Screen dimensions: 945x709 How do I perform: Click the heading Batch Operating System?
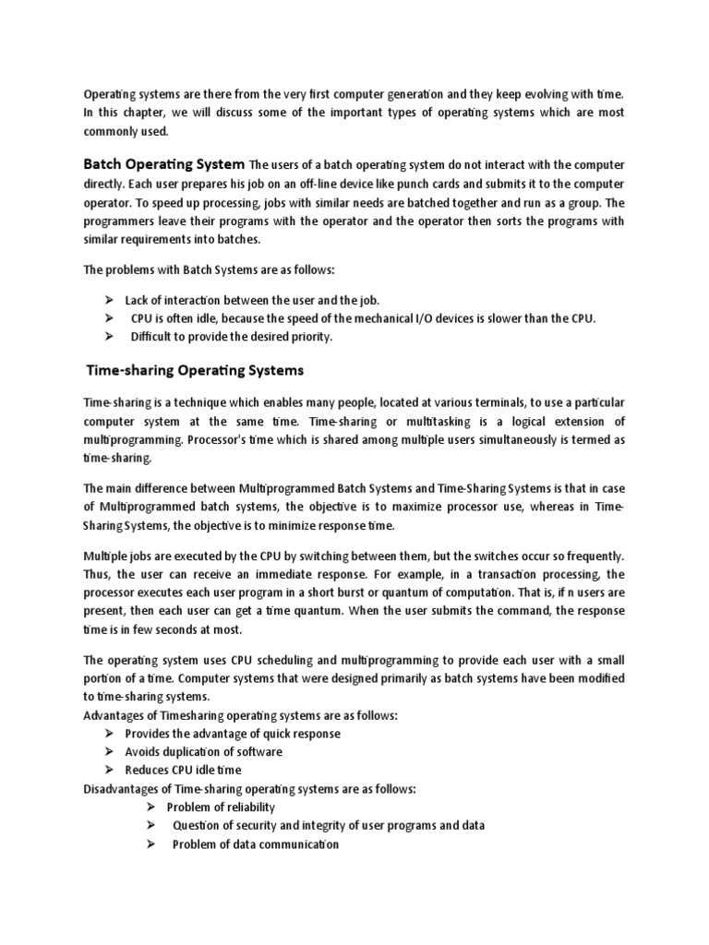pyautogui.click(x=164, y=164)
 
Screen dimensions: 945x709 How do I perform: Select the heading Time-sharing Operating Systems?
pyautogui.click(x=194, y=371)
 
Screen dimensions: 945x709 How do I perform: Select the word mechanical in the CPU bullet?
pyautogui.click(x=389, y=318)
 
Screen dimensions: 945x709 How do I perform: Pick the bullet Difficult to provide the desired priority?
pyautogui.click(x=231, y=337)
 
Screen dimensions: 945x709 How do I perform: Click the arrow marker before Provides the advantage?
pyautogui.click(x=108, y=734)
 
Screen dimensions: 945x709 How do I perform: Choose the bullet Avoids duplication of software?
pyautogui.click(x=204, y=751)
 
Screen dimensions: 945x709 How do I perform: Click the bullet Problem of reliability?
pyautogui.click(x=221, y=807)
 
